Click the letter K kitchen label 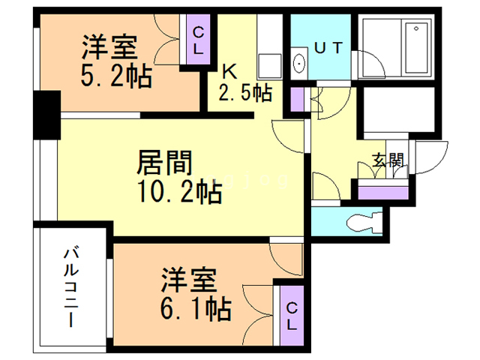click(229, 72)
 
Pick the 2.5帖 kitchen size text click(244, 93)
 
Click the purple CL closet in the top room click(197, 40)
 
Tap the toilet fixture click(364, 223)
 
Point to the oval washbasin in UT click(298, 64)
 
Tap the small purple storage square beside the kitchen click(297, 97)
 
